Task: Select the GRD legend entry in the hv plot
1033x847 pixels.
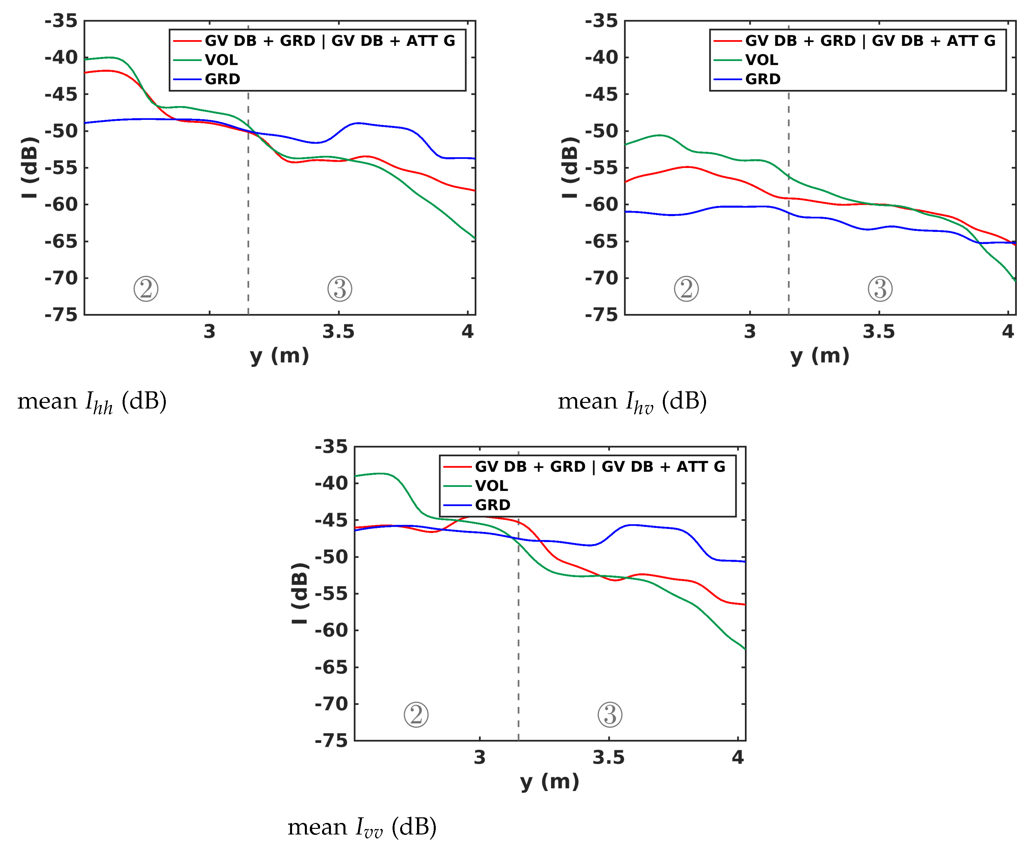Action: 762,79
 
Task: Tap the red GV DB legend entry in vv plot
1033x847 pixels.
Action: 600,466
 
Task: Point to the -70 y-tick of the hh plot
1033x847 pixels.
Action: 61,278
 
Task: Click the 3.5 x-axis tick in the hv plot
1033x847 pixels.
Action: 879,332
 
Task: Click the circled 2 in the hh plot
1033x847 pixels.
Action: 146,289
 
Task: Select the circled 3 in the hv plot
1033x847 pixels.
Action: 880,289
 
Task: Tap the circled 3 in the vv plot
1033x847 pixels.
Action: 610,715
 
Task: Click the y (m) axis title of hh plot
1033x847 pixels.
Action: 279,356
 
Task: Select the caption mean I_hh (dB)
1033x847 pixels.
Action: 92,402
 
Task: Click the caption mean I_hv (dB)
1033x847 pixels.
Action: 632,402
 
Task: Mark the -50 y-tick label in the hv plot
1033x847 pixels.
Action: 602,131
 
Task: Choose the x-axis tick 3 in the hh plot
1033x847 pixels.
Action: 209,332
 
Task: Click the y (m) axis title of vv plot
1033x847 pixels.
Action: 550,782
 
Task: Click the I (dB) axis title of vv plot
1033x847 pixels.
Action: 299,593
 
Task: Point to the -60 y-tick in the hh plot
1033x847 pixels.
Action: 61,205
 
